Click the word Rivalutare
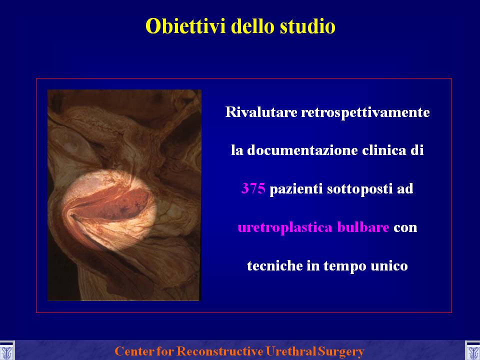click(x=261, y=112)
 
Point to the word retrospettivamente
click(x=365, y=112)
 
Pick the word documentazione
click(x=302, y=150)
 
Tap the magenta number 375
click(x=253, y=188)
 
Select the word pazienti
click(x=296, y=189)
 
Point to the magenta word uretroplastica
click(x=285, y=228)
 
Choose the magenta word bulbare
click(x=363, y=227)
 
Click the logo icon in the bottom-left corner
click(x=6, y=351)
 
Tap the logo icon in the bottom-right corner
click(x=472, y=351)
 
